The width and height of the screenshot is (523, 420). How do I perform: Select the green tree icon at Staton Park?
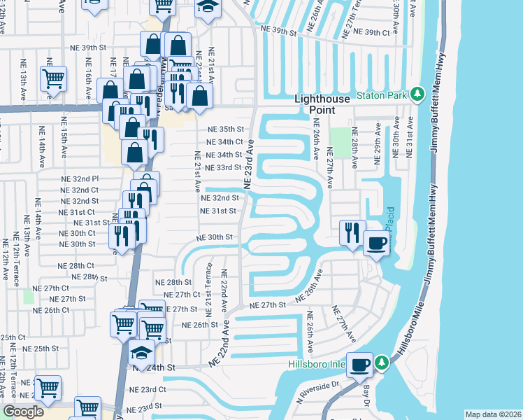(x=417, y=94)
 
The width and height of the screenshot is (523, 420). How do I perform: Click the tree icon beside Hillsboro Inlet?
(x=382, y=363)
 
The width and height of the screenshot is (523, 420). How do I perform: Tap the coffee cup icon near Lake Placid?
(x=376, y=242)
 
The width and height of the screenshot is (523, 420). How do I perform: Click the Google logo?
(x=23, y=412)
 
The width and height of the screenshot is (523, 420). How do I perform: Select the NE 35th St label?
(x=225, y=129)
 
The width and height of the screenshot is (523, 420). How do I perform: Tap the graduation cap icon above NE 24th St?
(x=142, y=351)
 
